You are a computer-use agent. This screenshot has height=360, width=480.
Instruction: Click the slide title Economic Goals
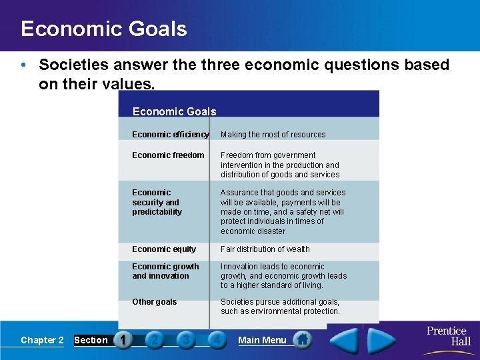pos(103,29)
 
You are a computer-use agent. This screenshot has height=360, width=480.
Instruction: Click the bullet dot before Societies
pos(23,65)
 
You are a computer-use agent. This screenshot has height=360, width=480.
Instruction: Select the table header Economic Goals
pos(174,111)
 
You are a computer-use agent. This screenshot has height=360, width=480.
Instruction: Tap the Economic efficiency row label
pos(170,135)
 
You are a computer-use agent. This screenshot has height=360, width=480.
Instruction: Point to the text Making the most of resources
pos(273,135)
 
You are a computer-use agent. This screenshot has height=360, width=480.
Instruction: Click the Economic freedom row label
pos(168,155)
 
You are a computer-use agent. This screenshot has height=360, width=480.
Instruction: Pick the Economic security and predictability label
pos(157,202)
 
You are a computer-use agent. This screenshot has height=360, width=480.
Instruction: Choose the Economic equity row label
pos(164,249)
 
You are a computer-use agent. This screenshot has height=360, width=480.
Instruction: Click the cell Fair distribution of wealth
pos(265,249)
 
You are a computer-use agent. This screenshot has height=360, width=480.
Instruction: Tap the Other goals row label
pos(155,302)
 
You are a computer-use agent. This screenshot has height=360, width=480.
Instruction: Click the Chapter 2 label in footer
pos(42,340)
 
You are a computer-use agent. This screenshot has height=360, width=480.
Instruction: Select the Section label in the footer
pos(91,340)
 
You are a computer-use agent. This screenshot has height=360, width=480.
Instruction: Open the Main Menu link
pos(262,340)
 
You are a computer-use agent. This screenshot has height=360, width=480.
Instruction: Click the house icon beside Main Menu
pos(302,340)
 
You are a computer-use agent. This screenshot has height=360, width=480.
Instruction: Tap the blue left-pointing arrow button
pos(344,340)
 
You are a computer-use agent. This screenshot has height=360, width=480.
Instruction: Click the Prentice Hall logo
pos(448,336)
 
